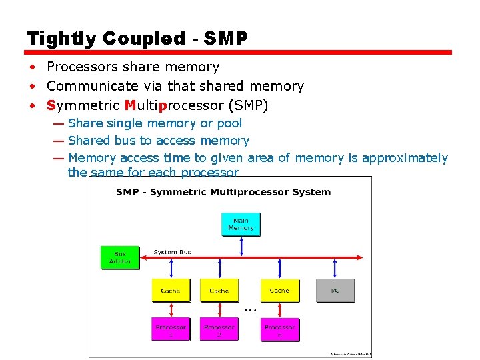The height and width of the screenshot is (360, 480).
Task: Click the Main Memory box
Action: click(241, 224)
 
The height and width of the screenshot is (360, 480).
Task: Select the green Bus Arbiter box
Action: click(120, 257)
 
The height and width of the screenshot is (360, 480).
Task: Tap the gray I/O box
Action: click(335, 291)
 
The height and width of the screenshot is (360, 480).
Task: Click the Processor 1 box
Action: click(171, 329)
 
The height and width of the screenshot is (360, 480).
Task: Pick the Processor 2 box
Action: click(219, 329)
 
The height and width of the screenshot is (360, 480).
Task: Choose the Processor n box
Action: click(279, 329)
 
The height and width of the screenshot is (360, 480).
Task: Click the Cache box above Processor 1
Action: click(171, 291)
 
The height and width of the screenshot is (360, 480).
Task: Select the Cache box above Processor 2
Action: click(219, 291)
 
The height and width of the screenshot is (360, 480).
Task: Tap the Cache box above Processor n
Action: click(279, 291)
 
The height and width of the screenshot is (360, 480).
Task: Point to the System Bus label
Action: click(173, 252)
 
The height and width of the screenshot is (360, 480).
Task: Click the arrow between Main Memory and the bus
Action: click(241, 246)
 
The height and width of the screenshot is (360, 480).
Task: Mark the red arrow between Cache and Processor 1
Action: click(171, 310)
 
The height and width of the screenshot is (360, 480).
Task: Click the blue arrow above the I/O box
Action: click(335, 268)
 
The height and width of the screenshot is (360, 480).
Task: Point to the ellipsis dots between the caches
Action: click(250, 310)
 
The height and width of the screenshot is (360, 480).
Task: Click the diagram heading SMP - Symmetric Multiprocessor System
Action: click(223, 192)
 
